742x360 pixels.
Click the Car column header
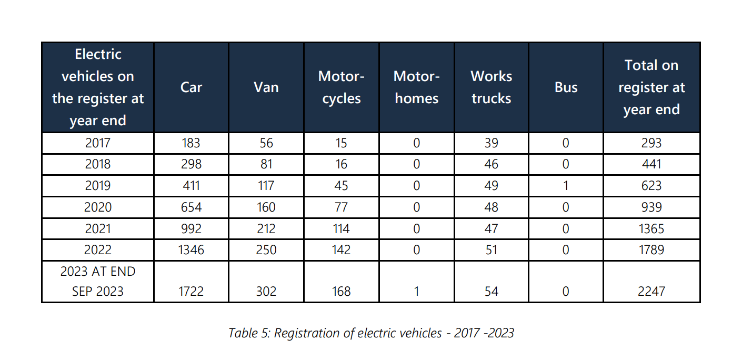coord(191,87)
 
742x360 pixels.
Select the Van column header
coord(266,87)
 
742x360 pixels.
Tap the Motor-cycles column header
coord(341,87)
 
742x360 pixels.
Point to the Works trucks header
coord(491,87)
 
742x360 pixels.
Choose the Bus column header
coord(566,87)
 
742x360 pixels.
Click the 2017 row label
coord(98,143)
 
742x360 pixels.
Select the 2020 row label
coord(98,207)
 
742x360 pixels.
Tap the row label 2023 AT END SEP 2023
coord(98,282)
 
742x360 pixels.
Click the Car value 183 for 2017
coord(191,143)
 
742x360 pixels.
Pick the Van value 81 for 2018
coord(266,164)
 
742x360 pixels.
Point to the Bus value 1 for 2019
coord(566,186)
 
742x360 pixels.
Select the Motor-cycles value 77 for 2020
coord(341,207)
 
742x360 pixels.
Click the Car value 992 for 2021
coord(191,229)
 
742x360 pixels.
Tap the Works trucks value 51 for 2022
coord(491,250)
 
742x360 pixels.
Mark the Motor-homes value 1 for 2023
coord(416,292)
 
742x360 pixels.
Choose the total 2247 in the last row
coord(651,292)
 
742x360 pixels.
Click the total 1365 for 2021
coord(651,229)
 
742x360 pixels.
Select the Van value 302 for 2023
coord(266,292)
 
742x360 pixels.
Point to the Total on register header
coord(651,87)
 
